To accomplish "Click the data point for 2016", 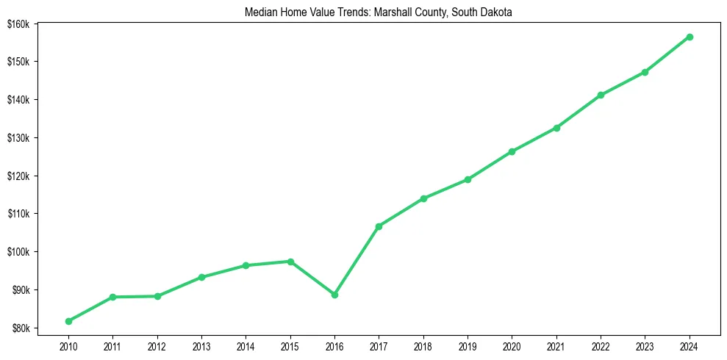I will pyautogui.click(x=334, y=295).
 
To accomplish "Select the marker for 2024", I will pyautogui.click(x=690, y=37).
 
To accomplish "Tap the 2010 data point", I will pyautogui.click(x=68, y=321).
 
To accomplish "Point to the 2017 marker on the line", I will pyautogui.click(x=379, y=226).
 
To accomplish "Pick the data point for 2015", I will pyautogui.click(x=290, y=262).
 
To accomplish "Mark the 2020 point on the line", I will pyautogui.click(x=512, y=151).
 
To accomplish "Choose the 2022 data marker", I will pyautogui.click(x=601, y=95).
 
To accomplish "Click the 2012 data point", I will pyautogui.click(x=157, y=296).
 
